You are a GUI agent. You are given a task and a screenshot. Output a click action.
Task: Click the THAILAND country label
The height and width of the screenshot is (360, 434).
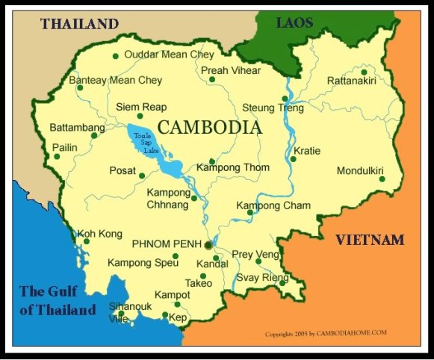point(80,23)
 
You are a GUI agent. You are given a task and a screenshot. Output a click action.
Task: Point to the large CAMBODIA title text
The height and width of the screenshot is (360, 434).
point(211,127)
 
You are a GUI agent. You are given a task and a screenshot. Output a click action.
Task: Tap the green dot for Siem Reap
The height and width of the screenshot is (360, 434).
point(140,116)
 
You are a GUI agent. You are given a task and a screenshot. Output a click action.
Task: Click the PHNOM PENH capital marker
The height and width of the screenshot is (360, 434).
point(208,243)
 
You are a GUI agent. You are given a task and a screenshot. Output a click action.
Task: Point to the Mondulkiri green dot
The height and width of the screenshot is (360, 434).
point(382,179)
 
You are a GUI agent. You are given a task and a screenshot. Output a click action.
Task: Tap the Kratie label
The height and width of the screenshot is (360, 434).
point(306,151)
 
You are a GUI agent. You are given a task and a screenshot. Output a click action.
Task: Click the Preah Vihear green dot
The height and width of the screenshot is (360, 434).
point(212,79)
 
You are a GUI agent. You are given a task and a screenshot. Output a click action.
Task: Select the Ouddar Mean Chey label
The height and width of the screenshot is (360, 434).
point(169,55)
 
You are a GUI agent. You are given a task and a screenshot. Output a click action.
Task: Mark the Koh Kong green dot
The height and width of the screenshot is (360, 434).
point(87,241)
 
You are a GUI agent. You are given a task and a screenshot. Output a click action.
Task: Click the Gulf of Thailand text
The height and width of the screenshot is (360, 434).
point(58,300)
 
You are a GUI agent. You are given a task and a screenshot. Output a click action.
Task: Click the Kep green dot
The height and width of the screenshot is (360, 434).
point(165,315)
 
